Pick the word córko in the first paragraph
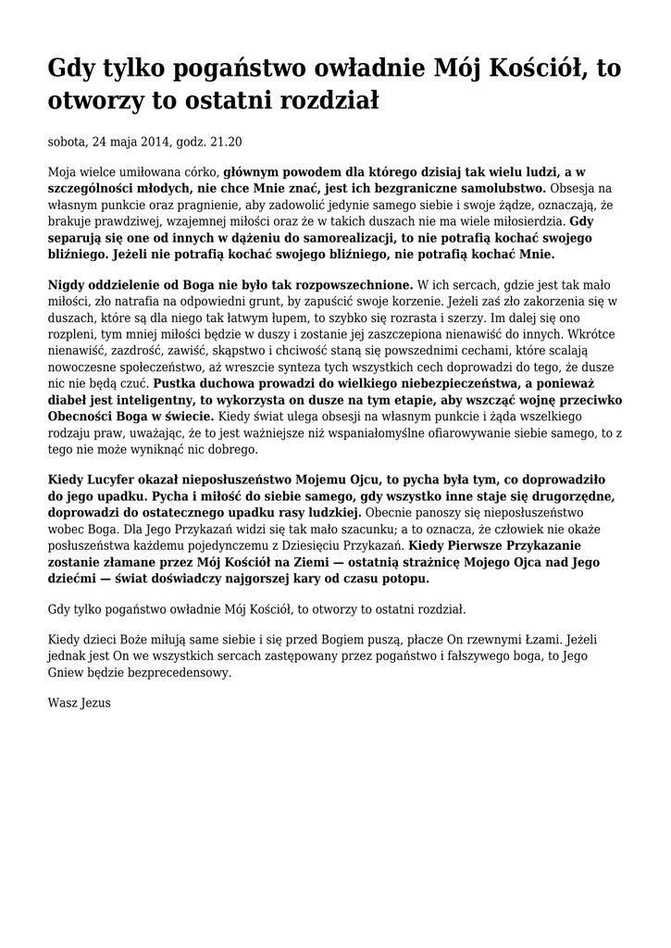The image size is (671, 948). pyautogui.click(x=199, y=171)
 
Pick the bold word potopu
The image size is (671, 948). pyautogui.click(x=404, y=580)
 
